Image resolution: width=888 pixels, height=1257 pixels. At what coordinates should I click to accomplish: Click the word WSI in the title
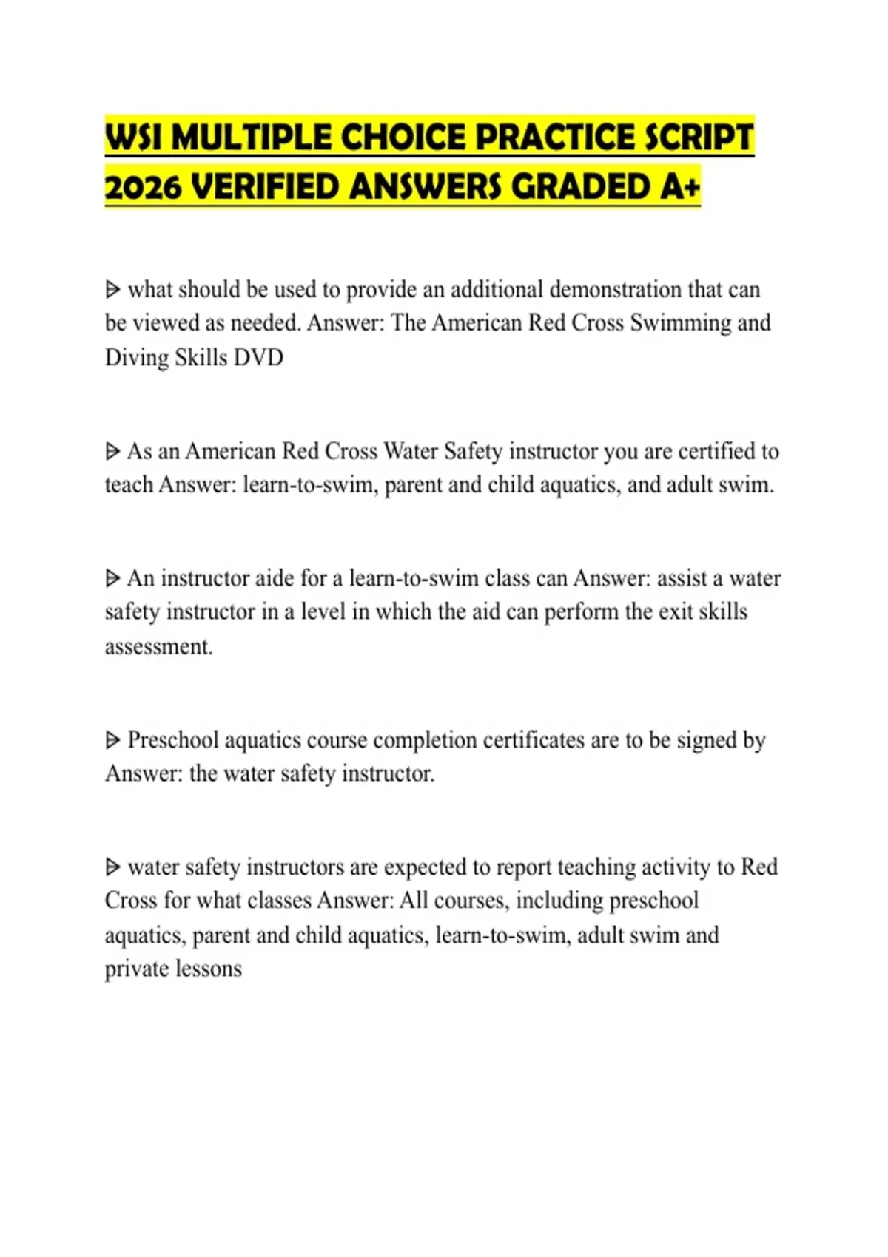tap(134, 138)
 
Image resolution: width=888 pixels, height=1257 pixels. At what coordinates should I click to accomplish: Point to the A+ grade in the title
tap(680, 187)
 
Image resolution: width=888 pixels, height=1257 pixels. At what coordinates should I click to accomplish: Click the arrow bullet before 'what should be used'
tap(112, 289)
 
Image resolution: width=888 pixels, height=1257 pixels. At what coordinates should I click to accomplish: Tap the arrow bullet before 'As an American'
tap(112, 451)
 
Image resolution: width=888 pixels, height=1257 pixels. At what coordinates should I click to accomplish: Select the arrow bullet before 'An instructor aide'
tap(112, 578)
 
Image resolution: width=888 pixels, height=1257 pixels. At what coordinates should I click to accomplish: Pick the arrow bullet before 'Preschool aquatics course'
tap(112, 740)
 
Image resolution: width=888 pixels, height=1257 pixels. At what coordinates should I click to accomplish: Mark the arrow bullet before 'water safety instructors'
tap(112, 867)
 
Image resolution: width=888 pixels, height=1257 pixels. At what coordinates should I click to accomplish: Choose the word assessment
tap(158, 647)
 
